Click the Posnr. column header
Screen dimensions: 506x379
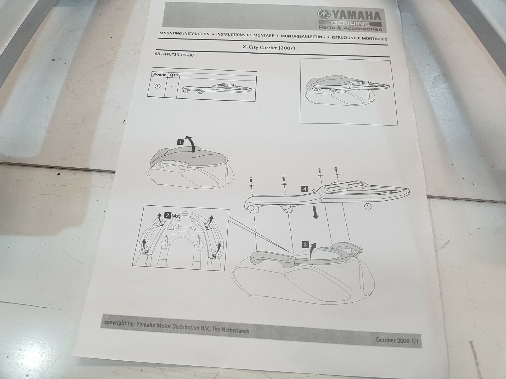(160, 74)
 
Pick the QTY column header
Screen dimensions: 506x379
(174, 75)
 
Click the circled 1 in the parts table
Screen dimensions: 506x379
(157, 86)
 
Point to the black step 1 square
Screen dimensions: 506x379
(180, 142)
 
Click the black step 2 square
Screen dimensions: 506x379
(167, 216)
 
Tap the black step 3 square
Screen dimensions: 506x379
(305, 244)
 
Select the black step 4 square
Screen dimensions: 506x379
(305, 189)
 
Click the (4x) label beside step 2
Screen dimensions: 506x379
(176, 216)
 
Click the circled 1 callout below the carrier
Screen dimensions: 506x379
(368, 207)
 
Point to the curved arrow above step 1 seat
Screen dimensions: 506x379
(192, 143)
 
